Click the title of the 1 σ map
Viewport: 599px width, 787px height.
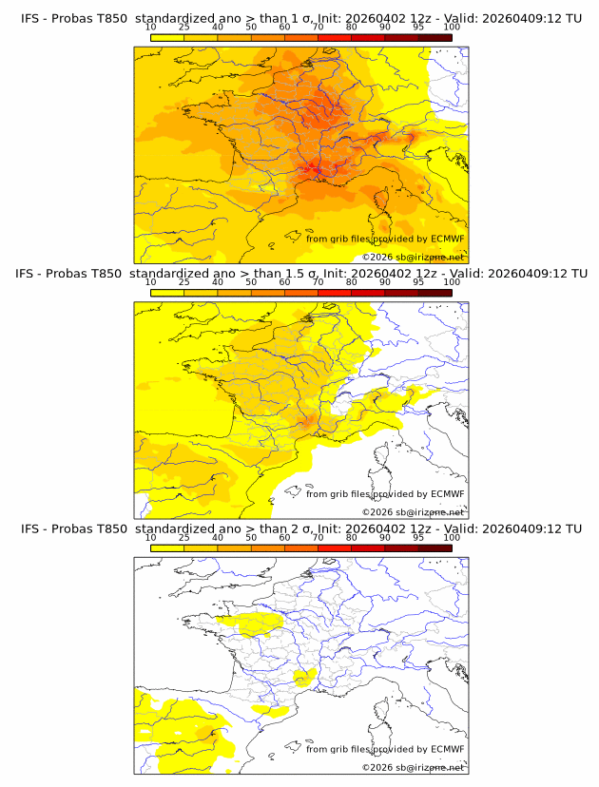pyautogui.click(x=300, y=18)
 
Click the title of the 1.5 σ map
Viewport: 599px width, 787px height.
pyautogui.click(x=300, y=273)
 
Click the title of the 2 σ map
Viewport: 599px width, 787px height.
pyautogui.click(x=300, y=528)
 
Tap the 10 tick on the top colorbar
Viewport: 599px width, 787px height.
pyautogui.click(x=150, y=28)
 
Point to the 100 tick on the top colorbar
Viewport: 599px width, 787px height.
pyautogui.click(x=452, y=28)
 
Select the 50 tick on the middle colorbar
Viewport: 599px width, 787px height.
pyautogui.click(x=251, y=282)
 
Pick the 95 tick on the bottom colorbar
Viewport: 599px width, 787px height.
pyautogui.click(x=418, y=537)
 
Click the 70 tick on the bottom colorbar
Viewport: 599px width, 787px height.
pyautogui.click(x=318, y=537)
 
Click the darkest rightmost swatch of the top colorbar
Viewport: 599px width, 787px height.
pyautogui.click(x=435, y=37)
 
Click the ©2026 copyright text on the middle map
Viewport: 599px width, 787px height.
pyautogui.click(x=413, y=511)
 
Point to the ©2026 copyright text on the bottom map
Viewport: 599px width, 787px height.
pyautogui.click(x=413, y=766)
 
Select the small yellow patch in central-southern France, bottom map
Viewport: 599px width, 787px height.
pyautogui.click(x=304, y=677)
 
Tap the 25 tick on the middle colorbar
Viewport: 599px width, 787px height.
pyautogui.click(x=184, y=282)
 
